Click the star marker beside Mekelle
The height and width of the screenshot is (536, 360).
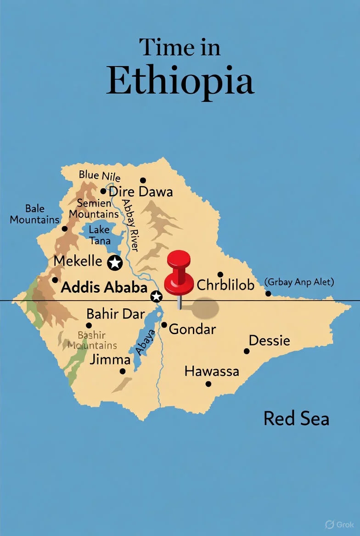[114, 263]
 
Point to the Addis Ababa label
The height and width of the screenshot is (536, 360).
[104, 287]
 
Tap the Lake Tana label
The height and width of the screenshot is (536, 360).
[99, 234]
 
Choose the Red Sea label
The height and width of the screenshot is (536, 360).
[296, 419]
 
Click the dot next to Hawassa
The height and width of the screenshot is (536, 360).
[208, 384]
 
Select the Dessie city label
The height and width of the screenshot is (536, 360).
[269, 341]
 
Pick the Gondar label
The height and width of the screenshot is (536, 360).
[192, 329]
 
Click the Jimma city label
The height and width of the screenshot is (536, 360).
[110, 359]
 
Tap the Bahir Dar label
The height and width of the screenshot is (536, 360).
[116, 314]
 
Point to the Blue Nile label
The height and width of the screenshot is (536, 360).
[100, 175]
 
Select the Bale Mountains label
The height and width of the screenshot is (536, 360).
[35, 214]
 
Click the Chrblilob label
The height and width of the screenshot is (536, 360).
[225, 285]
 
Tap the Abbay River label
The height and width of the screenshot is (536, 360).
[132, 220]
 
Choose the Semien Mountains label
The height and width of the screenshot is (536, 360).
[94, 208]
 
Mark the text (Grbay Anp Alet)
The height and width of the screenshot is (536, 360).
[299, 282]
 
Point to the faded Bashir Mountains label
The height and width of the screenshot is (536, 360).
[92, 340]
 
